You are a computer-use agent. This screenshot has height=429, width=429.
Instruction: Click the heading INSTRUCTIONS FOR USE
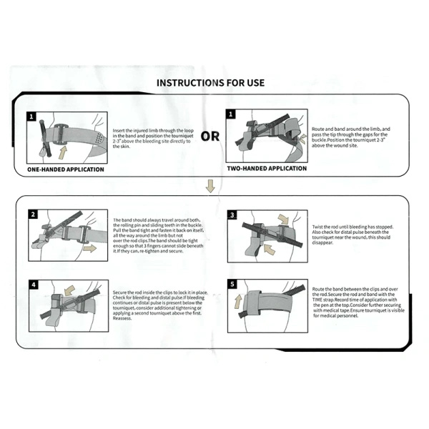(214, 82)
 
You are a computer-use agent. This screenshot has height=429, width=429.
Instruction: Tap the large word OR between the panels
(210, 136)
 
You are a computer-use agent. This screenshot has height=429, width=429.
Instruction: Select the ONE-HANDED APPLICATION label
(65, 169)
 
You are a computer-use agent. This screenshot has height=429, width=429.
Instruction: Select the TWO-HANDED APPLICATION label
(267, 169)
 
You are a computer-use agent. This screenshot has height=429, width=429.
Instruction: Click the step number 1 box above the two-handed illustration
(231, 114)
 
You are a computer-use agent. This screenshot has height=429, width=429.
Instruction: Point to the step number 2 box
(33, 214)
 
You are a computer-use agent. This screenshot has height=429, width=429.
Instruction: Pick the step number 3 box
(232, 214)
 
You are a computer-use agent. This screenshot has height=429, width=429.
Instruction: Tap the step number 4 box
(33, 284)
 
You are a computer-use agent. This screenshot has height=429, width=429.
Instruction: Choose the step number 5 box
(232, 284)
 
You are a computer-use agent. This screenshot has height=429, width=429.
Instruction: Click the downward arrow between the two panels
(209, 187)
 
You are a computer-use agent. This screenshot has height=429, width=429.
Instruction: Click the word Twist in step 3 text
(318, 226)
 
